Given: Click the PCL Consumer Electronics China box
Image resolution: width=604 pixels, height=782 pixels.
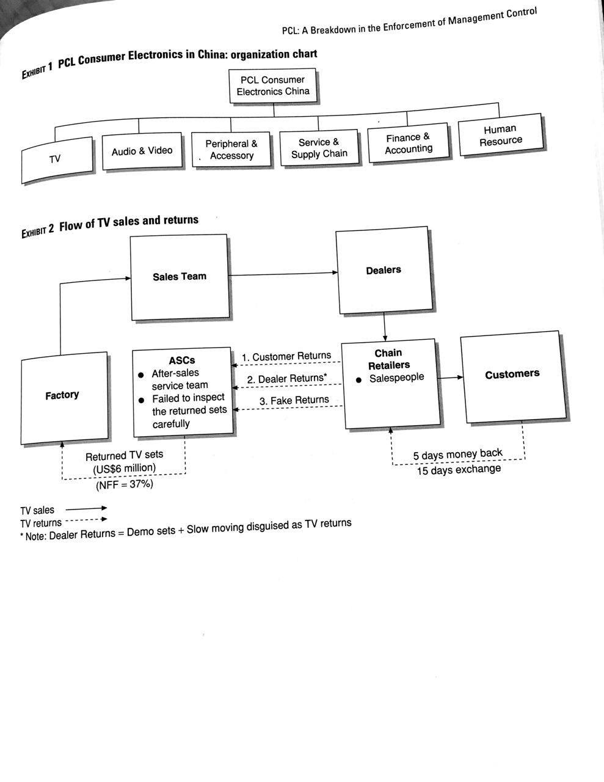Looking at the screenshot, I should tap(273, 86).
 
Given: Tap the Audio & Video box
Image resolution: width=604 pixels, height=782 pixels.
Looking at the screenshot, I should tap(142, 151).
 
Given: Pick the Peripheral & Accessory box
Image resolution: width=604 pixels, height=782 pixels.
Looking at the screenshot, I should tap(231, 150).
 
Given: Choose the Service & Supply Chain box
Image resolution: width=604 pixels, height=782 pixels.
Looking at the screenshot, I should tap(319, 148).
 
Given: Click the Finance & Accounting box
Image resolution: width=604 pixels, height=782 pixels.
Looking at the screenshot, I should tap(409, 143).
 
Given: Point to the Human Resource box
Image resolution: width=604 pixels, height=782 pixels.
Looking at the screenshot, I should tap(500, 135).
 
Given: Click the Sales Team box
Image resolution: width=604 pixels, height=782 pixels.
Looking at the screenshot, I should tap(180, 277).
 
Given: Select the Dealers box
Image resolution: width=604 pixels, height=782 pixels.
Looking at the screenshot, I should tap(384, 270).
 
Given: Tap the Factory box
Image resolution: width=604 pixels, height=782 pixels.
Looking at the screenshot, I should tap(62, 395).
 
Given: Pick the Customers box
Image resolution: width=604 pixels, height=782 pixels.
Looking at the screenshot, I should tap(512, 374).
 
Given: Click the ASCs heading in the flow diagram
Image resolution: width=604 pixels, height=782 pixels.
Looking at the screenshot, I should tap(182, 360).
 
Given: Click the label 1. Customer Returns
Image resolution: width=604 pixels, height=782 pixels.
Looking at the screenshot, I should tap(286, 356).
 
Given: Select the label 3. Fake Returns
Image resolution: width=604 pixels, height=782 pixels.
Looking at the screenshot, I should tap(294, 400).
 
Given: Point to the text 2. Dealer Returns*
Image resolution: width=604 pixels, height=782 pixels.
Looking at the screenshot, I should tap(287, 379).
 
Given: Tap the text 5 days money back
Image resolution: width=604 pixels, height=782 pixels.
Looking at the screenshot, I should tap(457, 455).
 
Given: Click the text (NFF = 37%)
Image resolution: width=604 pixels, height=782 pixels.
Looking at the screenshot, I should tap(125, 484).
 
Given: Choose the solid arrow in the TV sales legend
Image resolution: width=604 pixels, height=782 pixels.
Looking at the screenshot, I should tap(86, 508).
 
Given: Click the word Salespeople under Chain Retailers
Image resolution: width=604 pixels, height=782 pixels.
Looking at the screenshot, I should tap(396, 378).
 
